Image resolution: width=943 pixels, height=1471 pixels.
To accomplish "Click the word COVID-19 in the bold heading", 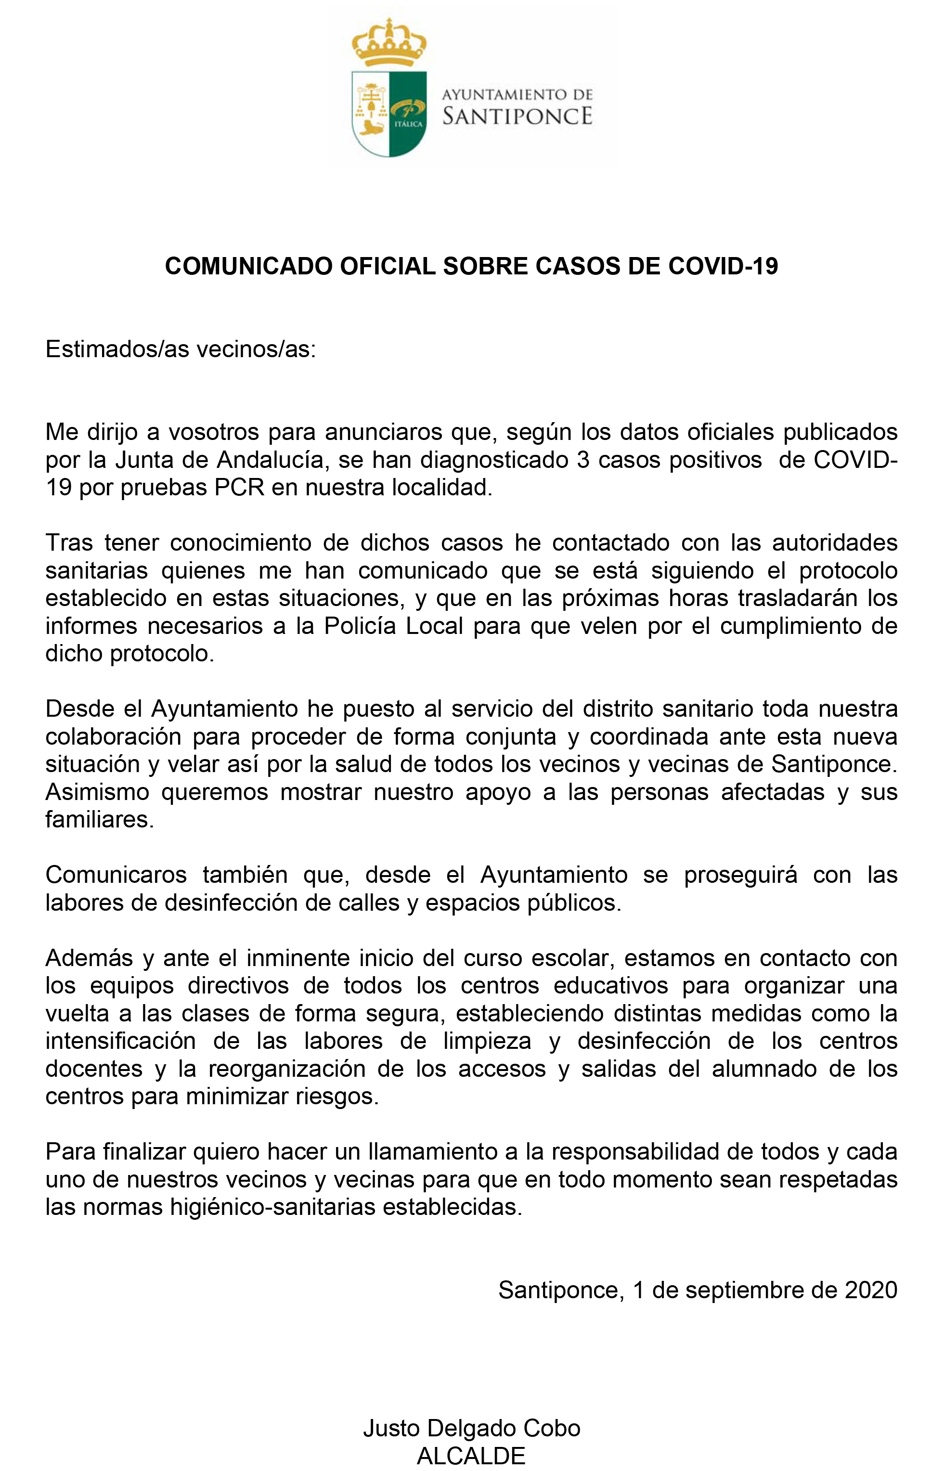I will point(723,266).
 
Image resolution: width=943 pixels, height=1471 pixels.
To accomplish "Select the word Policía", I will point(362,626).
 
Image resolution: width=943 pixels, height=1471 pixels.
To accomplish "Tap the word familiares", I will point(99,819).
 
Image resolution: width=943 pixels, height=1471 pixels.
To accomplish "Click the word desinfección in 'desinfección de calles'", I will point(230,903).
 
